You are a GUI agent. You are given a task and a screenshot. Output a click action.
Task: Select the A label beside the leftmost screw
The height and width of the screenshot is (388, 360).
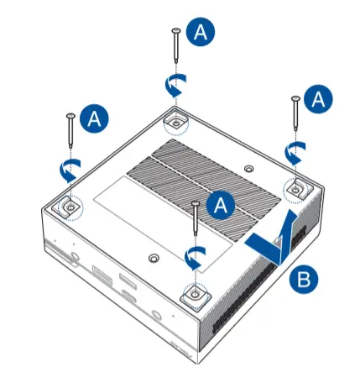(x=95, y=118)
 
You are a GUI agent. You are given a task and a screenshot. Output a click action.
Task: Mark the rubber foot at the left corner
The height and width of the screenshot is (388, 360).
(x=67, y=204)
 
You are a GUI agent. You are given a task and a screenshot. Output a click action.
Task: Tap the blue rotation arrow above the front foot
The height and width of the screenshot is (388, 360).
(x=194, y=256)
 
